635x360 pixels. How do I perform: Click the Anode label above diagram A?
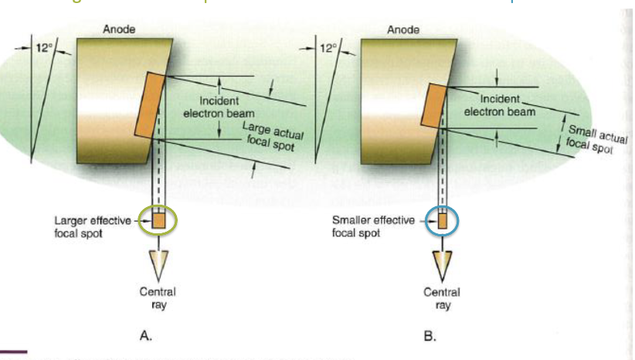tap(117, 30)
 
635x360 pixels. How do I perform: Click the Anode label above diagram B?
tap(402, 30)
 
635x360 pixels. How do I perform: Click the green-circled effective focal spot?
tap(159, 221)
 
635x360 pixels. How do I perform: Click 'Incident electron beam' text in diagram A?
tap(219, 107)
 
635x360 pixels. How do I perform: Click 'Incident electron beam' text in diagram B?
tap(500, 105)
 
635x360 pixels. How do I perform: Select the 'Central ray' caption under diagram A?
tap(158, 297)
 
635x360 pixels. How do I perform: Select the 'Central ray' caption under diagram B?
tap(442, 298)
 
